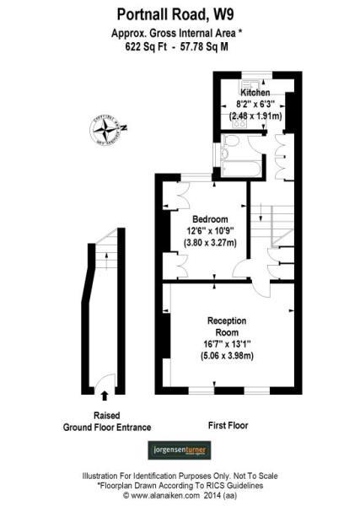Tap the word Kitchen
(x=255, y=92)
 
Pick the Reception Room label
(x=226, y=326)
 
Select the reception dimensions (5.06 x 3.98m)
(x=227, y=356)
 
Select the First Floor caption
(x=228, y=425)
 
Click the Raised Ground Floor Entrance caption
(x=105, y=422)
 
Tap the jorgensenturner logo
(x=179, y=451)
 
